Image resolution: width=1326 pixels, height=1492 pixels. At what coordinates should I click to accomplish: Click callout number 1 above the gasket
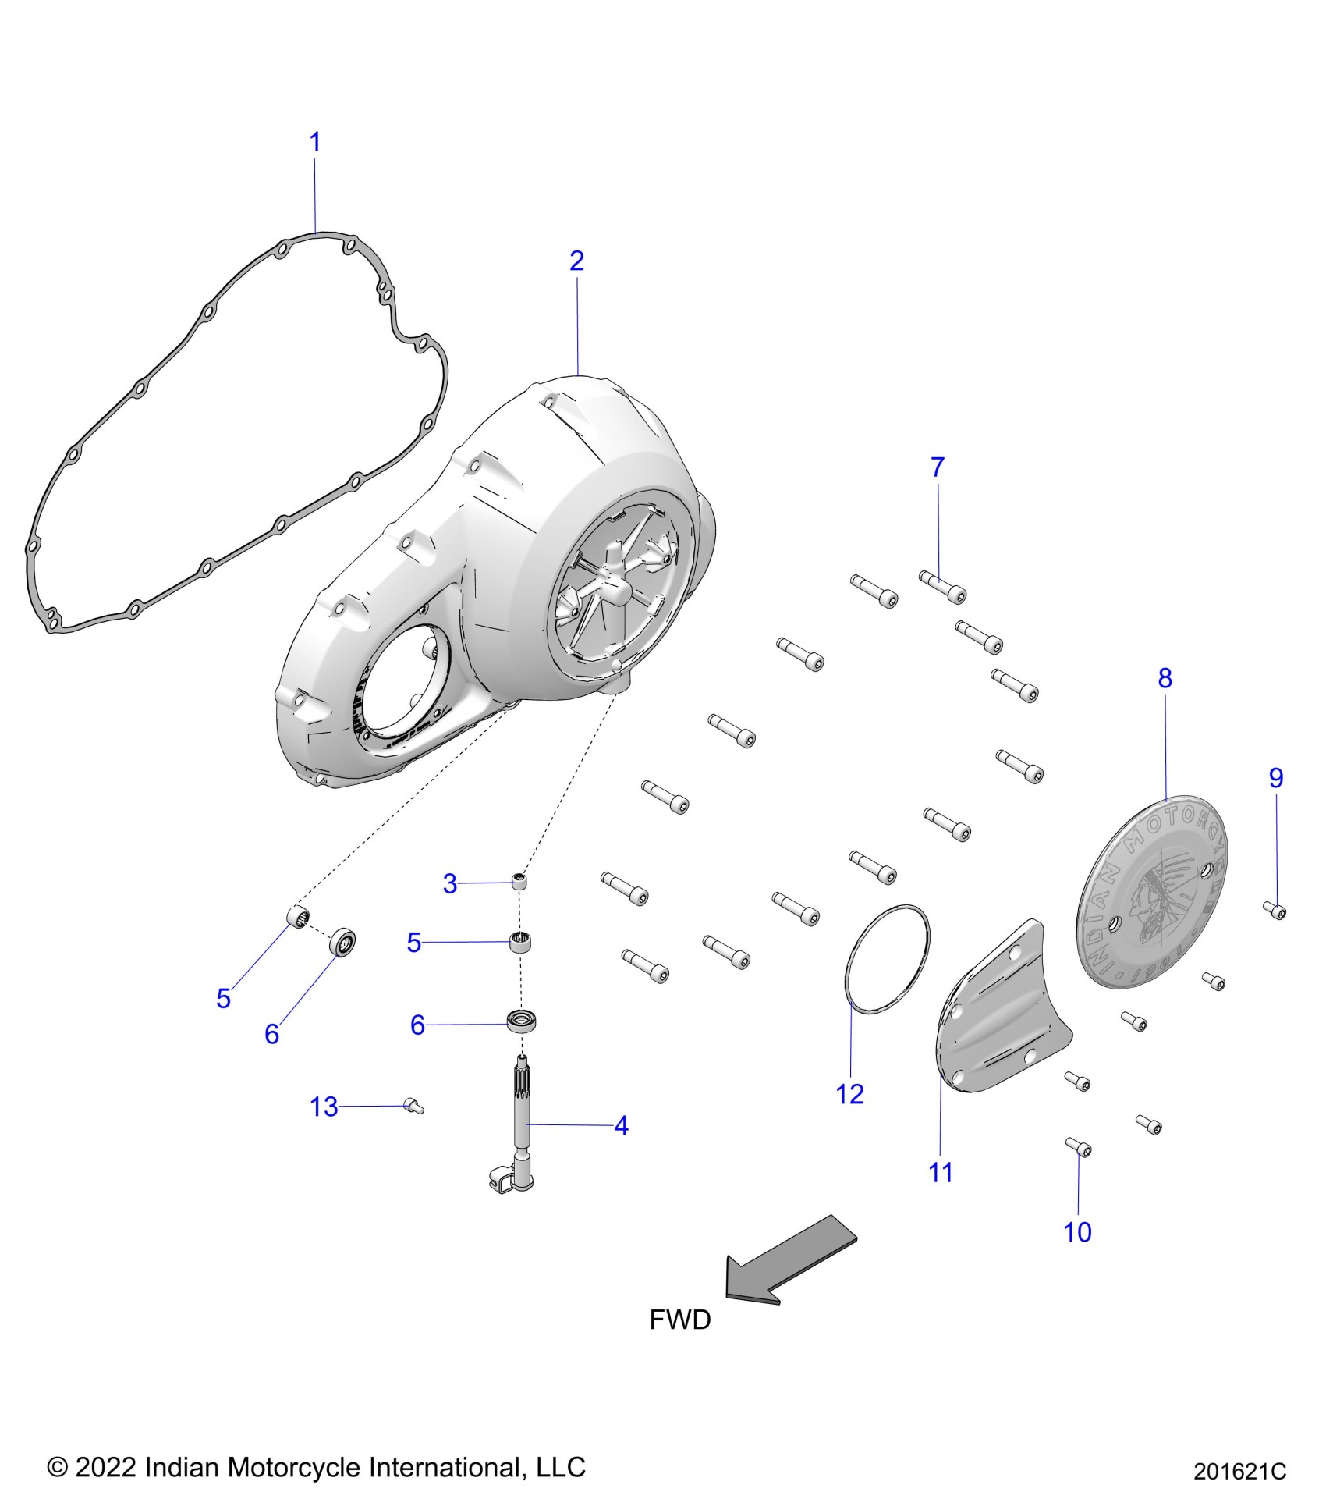tap(315, 143)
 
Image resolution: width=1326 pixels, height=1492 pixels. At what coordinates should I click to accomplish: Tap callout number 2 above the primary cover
tap(576, 261)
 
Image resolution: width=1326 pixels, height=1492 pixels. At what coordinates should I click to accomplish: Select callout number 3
tap(450, 884)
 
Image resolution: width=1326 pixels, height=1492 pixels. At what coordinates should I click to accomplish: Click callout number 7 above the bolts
tap(938, 467)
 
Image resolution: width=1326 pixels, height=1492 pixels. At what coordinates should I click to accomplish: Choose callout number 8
tap(1165, 678)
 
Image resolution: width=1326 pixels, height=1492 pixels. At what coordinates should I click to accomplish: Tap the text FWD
tap(680, 1320)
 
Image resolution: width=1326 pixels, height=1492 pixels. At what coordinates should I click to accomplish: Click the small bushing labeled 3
tap(519, 883)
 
